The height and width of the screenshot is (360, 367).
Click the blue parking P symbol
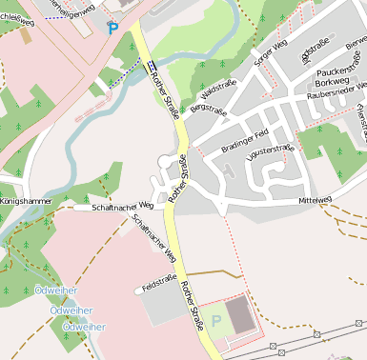click(x=113, y=30)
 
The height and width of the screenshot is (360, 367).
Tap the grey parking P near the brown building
click(x=215, y=320)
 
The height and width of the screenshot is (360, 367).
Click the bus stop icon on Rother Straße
click(x=152, y=65)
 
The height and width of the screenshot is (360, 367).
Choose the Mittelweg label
click(x=315, y=201)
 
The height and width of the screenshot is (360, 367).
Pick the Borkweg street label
click(x=331, y=83)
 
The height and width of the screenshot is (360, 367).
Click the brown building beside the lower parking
click(x=241, y=315)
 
